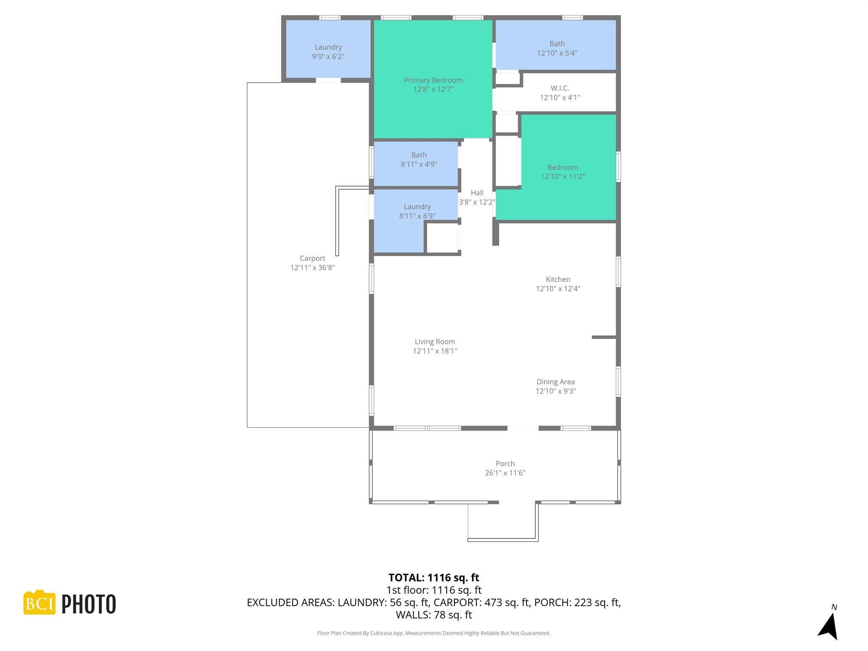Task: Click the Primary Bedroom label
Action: click(x=433, y=80)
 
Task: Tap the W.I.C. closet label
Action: click(x=559, y=88)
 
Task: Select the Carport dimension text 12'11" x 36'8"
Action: click(x=312, y=267)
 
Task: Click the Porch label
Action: click(x=505, y=464)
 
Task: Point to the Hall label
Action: click(x=477, y=193)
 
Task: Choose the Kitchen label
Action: click(x=558, y=279)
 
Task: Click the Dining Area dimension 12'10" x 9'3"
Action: click(x=555, y=391)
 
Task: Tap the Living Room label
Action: click(x=434, y=342)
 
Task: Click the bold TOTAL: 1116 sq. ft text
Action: click(x=434, y=578)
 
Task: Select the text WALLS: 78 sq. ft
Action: click(x=434, y=615)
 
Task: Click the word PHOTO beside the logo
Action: click(x=89, y=604)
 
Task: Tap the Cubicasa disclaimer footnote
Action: click(x=434, y=633)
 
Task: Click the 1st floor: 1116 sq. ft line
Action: click(x=434, y=590)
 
